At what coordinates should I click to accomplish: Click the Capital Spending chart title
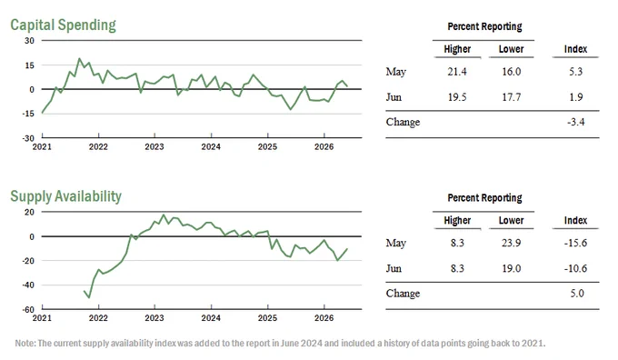(x=63, y=25)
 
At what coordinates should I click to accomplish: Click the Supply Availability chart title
(x=65, y=196)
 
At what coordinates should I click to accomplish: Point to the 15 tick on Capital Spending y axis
(x=30, y=65)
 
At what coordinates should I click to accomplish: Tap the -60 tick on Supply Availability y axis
(x=28, y=309)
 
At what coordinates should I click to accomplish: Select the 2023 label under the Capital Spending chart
(x=154, y=146)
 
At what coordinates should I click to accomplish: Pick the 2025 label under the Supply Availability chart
(x=267, y=318)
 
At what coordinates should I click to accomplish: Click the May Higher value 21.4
(x=457, y=72)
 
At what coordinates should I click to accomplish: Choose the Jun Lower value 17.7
(x=511, y=97)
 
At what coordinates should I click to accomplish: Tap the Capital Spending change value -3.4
(x=576, y=122)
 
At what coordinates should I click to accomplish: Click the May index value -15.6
(x=575, y=243)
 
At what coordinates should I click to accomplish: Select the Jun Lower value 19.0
(x=511, y=268)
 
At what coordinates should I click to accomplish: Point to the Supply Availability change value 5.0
(x=577, y=294)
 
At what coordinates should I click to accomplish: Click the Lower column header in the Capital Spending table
(x=511, y=49)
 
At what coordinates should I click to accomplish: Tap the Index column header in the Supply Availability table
(x=575, y=220)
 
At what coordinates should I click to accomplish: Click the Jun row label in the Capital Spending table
(x=394, y=97)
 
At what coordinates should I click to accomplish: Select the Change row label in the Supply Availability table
(x=403, y=294)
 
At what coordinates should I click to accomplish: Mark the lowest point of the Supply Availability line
(x=89, y=297)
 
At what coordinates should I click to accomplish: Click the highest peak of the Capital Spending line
(x=79, y=59)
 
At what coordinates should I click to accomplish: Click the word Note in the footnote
(x=25, y=344)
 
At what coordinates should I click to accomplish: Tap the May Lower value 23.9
(x=511, y=243)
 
